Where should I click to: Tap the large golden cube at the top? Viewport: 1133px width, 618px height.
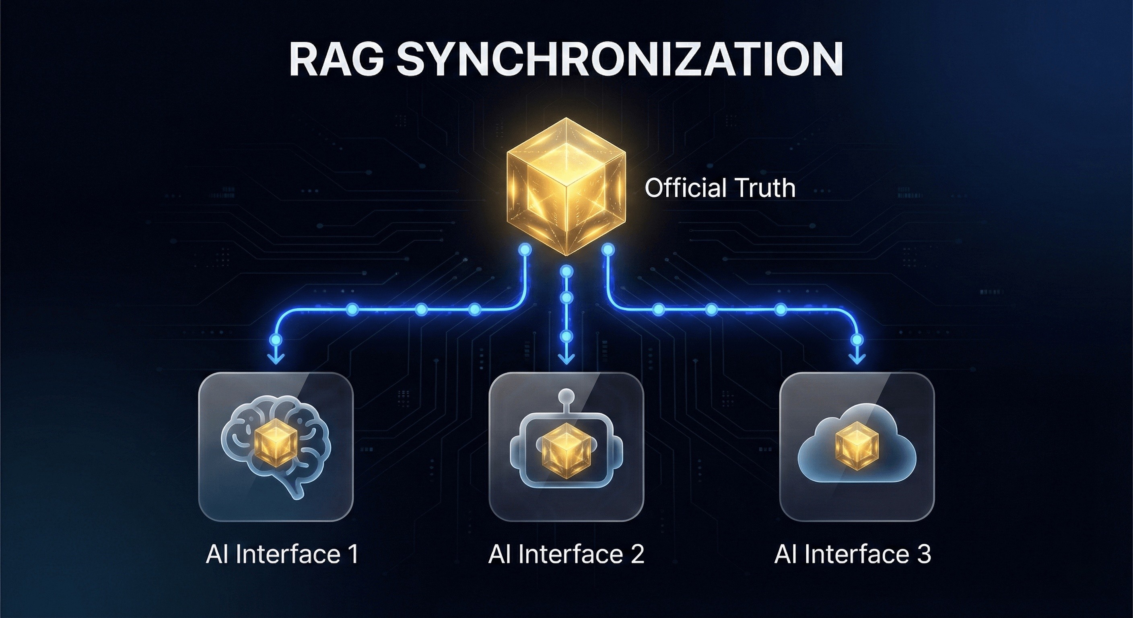(566, 187)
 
